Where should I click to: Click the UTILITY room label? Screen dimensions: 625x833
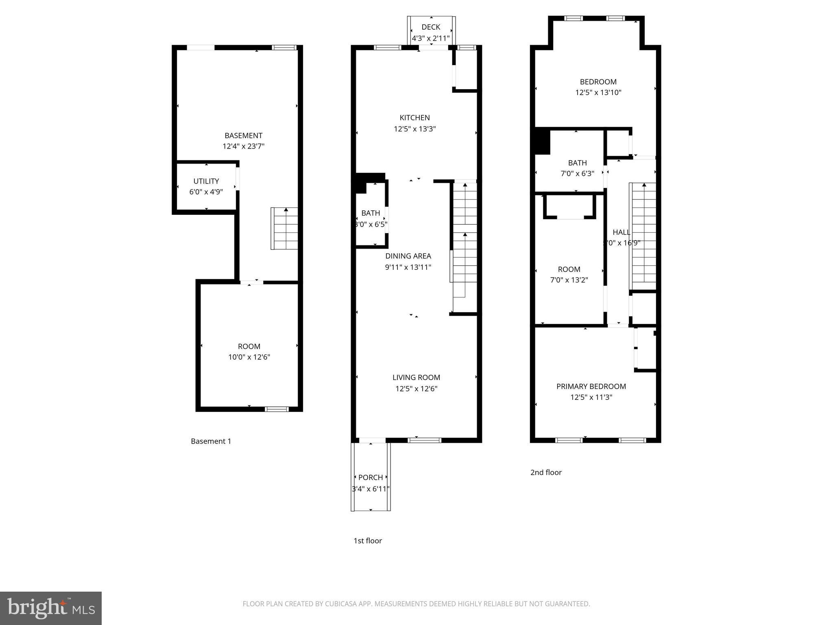(x=206, y=181)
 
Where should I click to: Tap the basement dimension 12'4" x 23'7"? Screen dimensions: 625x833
(x=243, y=146)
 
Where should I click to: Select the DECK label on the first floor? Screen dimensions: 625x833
(x=431, y=27)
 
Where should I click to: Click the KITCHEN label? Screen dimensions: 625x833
(x=414, y=118)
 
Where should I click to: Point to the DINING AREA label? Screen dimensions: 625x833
(x=408, y=256)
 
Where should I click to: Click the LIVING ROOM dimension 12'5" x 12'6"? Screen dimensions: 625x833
(x=416, y=389)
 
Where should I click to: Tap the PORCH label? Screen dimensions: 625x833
(x=370, y=477)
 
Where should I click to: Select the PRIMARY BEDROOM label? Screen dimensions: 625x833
(x=591, y=387)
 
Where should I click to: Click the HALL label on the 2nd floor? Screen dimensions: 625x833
(x=621, y=232)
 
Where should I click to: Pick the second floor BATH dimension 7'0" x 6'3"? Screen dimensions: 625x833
(x=577, y=173)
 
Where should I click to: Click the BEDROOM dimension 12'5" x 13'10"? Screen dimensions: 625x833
(x=598, y=92)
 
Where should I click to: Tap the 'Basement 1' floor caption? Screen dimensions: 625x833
(x=211, y=441)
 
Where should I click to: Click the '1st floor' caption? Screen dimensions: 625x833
(x=367, y=541)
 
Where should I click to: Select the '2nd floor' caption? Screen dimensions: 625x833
(x=546, y=472)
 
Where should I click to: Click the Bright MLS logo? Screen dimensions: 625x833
(x=50, y=608)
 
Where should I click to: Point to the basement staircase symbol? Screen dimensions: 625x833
(x=285, y=229)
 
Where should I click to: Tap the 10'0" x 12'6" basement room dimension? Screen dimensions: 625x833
(x=249, y=357)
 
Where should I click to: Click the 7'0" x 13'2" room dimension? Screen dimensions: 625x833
(x=569, y=280)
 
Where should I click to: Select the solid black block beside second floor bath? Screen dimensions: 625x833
(x=542, y=141)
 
